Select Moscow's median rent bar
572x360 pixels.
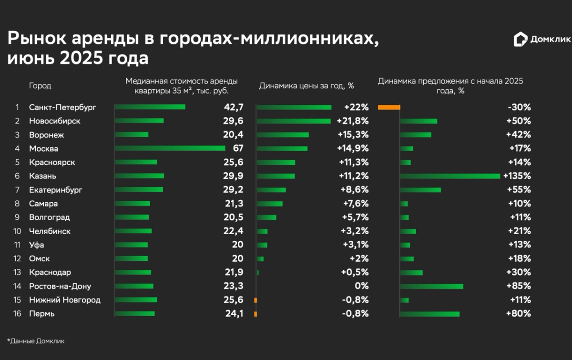[170, 148]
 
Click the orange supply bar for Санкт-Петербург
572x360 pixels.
[389, 107]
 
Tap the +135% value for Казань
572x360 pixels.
[519, 176]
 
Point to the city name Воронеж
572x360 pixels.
[46, 135]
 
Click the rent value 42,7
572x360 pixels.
[234, 107]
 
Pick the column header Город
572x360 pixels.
[40, 86]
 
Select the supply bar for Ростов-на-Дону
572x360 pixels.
[432, 286]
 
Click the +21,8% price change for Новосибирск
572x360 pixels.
[352, 121]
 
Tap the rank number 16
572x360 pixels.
[17, 314]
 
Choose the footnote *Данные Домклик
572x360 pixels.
[35, 341]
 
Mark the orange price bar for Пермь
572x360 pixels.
[255, 314]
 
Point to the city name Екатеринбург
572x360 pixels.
[56, 190]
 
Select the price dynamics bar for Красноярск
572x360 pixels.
[276, 162]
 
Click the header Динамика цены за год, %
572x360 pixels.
[306, 86]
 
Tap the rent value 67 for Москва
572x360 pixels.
[237, 148]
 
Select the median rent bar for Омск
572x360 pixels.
[132, 259]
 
